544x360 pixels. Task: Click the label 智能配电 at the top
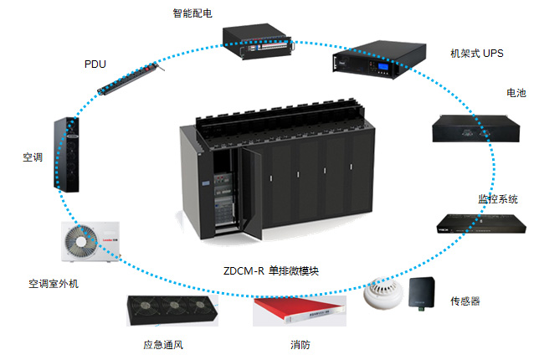pyautogui.click(x=193, y=13)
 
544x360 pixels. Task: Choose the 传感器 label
pyautogui.click(x=465, y=301)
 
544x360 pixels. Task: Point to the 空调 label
pyautogui.click(x=32, y=157)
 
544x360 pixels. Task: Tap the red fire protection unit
pyautogui.click(x=299, y=311)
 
